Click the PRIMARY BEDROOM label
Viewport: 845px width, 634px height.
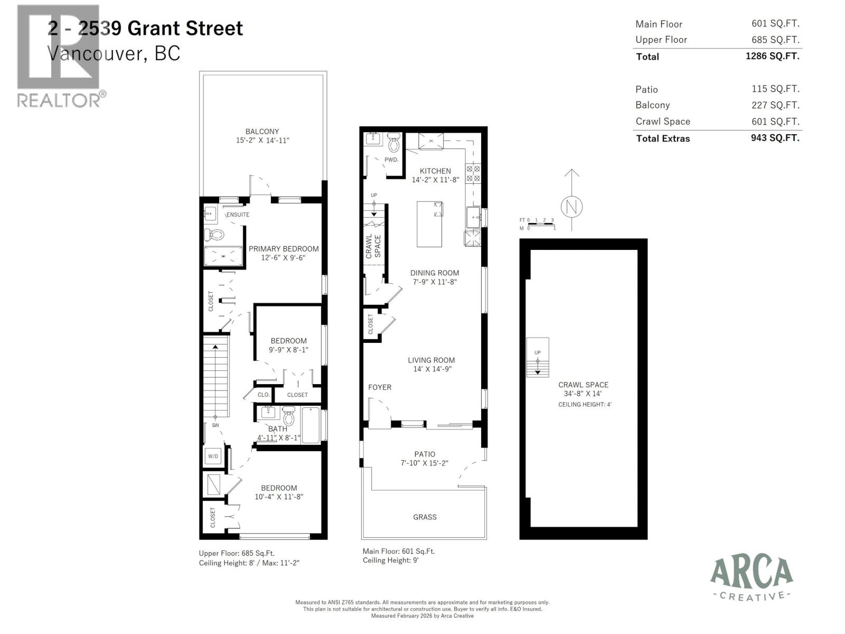point(284,249)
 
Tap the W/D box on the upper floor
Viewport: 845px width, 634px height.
point(213,456)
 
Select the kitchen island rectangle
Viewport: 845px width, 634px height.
point(429,223)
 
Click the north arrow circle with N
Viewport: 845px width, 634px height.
point(571,207)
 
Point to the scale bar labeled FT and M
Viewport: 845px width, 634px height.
point(537,224)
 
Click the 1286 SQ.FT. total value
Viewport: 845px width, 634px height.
point(772,56)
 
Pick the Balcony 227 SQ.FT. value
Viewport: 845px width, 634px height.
point(775,105)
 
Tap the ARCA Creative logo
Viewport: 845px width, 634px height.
point(751,579)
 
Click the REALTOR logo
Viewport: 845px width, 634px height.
point(59,55)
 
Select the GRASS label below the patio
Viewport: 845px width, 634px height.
point(425,517)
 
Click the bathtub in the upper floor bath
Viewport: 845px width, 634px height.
point(311,425)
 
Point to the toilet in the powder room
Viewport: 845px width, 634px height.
point(394,144)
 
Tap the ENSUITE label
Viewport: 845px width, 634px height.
point(238,215)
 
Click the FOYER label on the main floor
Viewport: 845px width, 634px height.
point(380,387)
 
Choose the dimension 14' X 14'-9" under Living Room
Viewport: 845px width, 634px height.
point(432,369)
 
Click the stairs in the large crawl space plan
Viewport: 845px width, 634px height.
point(538,358)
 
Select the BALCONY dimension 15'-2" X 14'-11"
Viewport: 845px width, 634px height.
point(262,141)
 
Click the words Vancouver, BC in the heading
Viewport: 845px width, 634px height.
point(114,53)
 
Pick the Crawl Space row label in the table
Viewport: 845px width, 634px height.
point(662,122)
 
